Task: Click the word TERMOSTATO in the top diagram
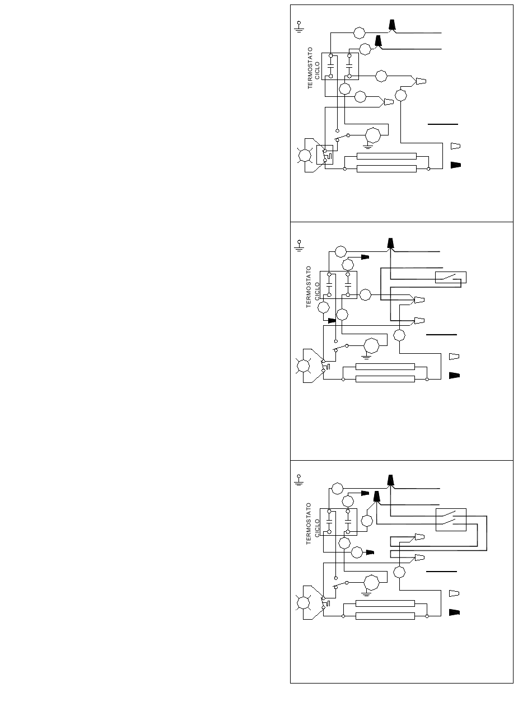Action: [x=310, y=68]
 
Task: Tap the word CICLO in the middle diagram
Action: [x=317, y=291]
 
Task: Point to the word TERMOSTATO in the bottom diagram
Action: [x=309, y=523]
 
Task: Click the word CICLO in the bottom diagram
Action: [x=317, y=528]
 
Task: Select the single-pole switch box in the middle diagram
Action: [x=450, y=277]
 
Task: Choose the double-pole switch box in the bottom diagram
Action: [x=451, y=520]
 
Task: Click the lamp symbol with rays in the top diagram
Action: [x=305, y=156]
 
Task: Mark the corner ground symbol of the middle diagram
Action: [x=299, y=246]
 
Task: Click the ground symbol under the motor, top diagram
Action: [x=368, y=147]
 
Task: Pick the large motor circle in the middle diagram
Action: [x=371, y=346]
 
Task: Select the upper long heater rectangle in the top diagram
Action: [x=386, y=156]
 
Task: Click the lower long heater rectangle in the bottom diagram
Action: [x=385, y=616]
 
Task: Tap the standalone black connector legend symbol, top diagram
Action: [x=455, y=165]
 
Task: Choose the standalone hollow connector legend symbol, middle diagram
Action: [x=454, y=356]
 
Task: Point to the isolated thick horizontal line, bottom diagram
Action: [x=441, y=572]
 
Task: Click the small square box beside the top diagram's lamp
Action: [x=325, y=155]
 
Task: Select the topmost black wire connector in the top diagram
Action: [x=392, y=25]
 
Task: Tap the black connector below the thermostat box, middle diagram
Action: [x=332, y=320]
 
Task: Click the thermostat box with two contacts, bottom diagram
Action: [x=338, y=522]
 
